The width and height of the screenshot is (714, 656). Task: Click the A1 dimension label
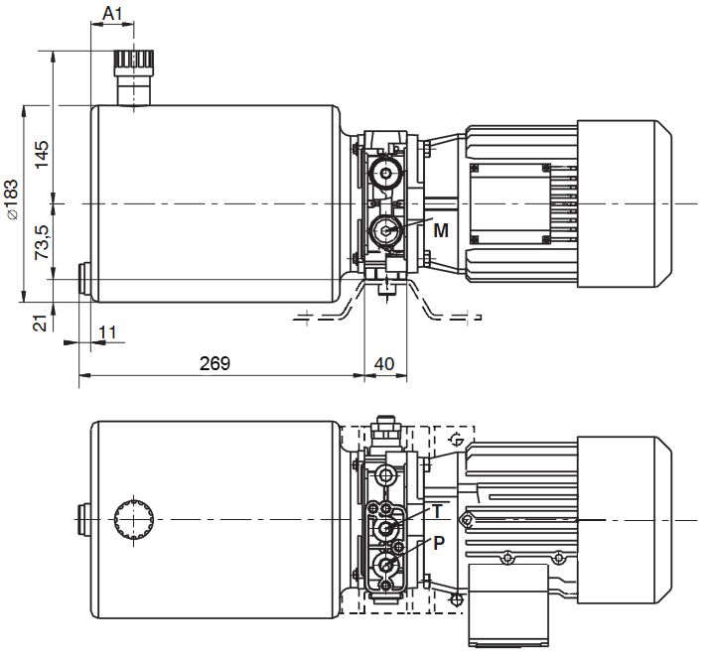coord(113,16)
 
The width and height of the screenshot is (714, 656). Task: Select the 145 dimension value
coord(43,154)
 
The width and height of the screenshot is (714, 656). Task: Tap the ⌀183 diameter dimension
coord(11,197)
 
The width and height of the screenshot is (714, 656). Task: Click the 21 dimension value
coord(41,323)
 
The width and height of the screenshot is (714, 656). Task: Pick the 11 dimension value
coord(108,331)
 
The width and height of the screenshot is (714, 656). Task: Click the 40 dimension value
coord(383,363)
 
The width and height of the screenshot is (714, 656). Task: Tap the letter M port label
coord(441,230)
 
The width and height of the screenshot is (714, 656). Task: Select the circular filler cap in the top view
coord(134,518)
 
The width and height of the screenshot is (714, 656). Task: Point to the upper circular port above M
coord(383,176)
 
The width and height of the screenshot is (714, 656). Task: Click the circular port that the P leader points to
coord(383,566)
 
